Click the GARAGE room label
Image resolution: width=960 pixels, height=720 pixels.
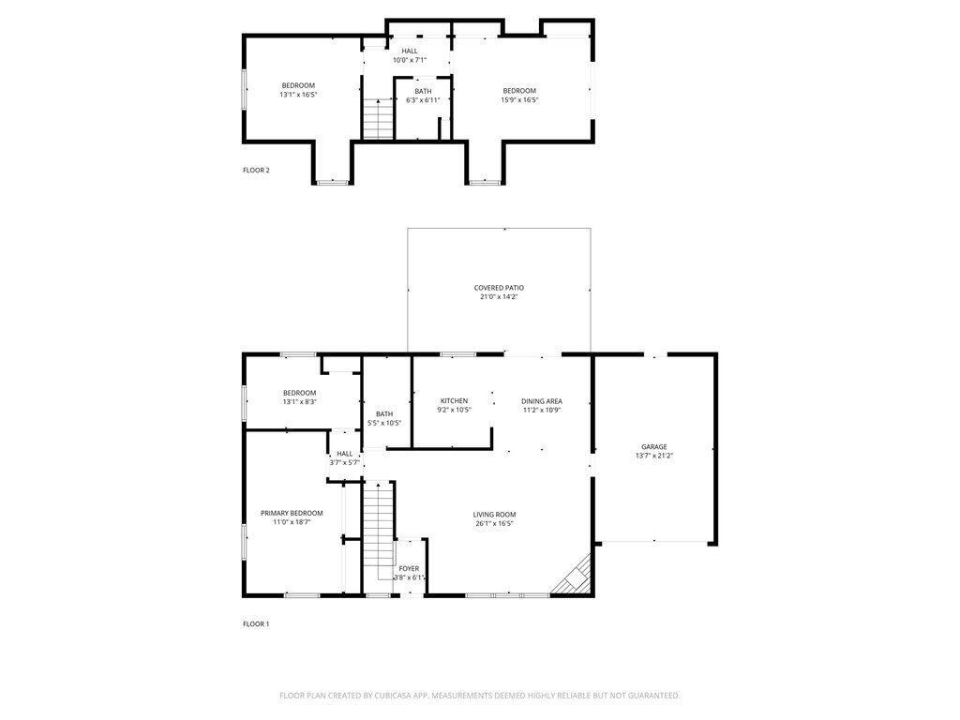(x=654, y=446)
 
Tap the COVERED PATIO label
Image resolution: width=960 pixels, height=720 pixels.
(x=499, y=288)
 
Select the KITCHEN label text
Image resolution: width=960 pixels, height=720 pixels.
(x=454, y=400)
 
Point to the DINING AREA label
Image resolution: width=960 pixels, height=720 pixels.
(x=542, y=400)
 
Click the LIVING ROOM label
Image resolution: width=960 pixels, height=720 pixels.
(x=494, y=514)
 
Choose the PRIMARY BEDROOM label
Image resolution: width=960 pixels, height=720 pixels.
(x=292, y=513)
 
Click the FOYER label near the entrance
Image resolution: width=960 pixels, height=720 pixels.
(x=409, y=568)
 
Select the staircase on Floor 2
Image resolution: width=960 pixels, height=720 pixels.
(x=376, y=120)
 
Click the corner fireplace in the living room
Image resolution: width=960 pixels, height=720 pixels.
(x=574, y=577)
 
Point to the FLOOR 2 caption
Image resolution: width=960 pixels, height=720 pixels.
(x=256, y=170)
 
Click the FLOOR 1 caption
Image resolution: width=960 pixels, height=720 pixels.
(x=256, y=623)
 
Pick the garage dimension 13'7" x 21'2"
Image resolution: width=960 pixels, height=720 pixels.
(x=654, y=456)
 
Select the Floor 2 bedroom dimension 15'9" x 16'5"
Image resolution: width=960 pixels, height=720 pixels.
(x=519, y=99)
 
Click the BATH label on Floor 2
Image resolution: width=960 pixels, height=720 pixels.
(x=424, y=91)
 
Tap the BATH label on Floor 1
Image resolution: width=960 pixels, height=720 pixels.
(x=384, y=413)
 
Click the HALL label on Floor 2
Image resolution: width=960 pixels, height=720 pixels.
(x=410, y=51)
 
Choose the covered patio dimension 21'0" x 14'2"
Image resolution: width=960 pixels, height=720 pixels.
(x=499, y=297)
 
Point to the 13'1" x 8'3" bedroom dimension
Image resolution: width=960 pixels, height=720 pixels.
(x=299, y=402)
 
